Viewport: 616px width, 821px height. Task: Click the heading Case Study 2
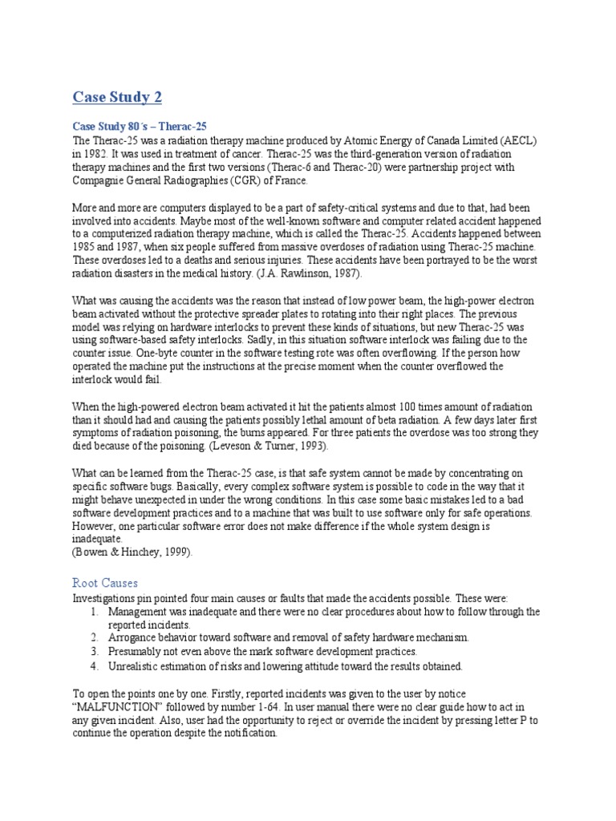pyautogui.click(x=117, y=98)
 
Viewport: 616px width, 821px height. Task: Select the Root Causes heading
pyautogui.click(x=104, y=584)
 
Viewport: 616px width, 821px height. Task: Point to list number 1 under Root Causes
pyautogui.click(x=95, y=613)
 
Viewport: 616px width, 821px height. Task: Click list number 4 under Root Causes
pyautogui.click(x=95, y=667)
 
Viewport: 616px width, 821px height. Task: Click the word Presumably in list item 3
pyautogui.click(x=137, y=653)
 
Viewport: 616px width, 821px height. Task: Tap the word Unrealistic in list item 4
pyautogui.click(x=136, y=667)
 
